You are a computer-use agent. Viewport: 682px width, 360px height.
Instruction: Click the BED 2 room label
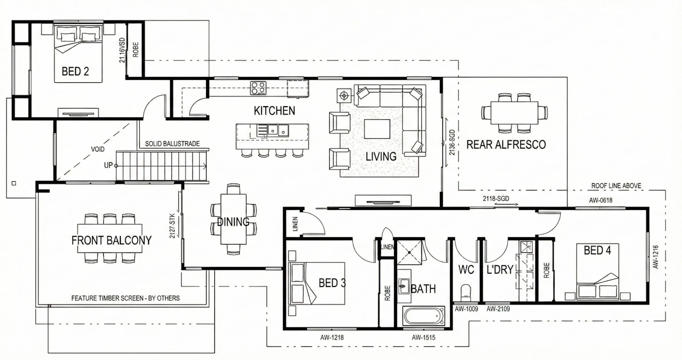tap(75, 71)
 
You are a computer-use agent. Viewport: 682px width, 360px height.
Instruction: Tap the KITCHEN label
tap(274, 111)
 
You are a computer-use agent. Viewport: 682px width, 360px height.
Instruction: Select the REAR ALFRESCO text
tap(506, 145)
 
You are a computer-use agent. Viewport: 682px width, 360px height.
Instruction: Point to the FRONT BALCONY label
tap(112, 240)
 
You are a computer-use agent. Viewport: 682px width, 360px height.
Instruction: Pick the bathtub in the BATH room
tap(424, 316)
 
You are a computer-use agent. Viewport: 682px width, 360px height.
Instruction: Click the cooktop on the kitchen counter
tap(258, 88)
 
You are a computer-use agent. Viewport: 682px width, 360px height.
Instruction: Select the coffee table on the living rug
tap(377, 129)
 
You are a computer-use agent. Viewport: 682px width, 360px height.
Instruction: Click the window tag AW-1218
tap(332, 338)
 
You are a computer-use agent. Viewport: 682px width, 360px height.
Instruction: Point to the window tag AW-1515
tap(423, 338)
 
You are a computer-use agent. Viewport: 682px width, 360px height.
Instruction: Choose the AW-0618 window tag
tap(600, 200)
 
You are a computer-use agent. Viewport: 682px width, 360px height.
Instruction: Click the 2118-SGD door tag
tap(496, 199)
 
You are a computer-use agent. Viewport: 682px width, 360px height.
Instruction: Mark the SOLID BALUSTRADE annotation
tap(172, 144)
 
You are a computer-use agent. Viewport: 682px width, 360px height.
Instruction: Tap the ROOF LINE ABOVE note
tap(616, 186)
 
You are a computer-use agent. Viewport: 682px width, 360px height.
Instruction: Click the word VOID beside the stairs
tap(98, 149)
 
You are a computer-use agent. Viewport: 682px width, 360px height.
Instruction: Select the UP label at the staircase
tap(108, 165)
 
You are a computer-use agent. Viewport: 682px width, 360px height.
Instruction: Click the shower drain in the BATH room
tap(410, 252)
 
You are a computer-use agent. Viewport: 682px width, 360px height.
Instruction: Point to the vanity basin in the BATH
tap(404, 286)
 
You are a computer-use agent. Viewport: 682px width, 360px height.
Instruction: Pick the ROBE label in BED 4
tap(546, 270)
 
